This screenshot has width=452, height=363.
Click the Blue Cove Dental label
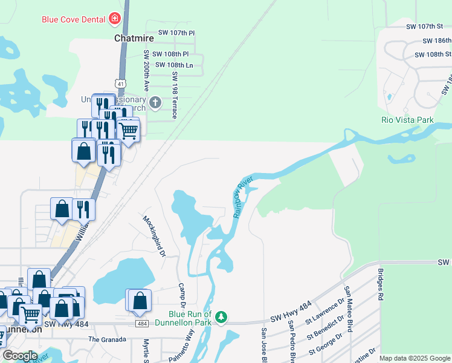[x=74, y=19]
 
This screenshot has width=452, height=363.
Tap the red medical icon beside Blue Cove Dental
[x=114, y=19]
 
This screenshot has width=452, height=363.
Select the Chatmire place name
[x=134, y=38]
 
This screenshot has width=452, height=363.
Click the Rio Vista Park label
[x=407, y=120]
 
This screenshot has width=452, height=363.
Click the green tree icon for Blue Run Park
[x=222, y=316]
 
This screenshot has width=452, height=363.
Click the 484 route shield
[x=142, y=324]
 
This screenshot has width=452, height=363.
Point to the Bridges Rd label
[x=380, y=285]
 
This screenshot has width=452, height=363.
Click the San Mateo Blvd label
[x=349, y=302]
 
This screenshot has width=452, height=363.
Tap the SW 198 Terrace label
[x=175, y=94]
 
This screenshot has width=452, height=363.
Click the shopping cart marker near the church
[x=128, y=130]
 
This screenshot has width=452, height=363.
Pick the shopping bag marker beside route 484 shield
[x=140, y=301]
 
